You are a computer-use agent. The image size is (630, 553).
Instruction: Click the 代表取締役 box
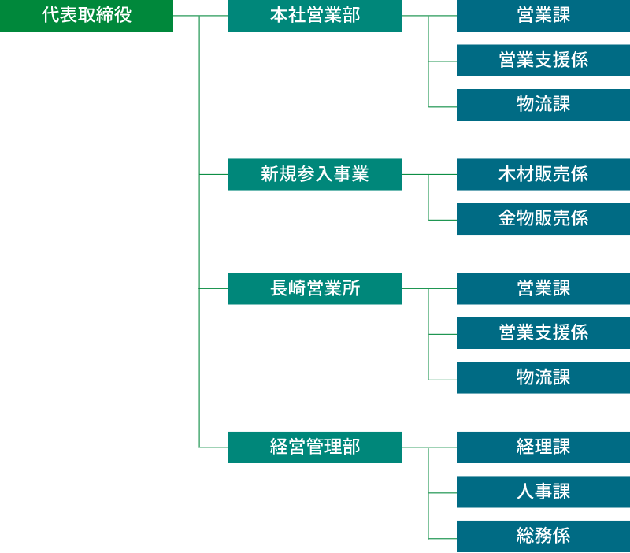87,16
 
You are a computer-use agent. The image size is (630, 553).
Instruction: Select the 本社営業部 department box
315,16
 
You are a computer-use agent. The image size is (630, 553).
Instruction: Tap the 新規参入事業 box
315,174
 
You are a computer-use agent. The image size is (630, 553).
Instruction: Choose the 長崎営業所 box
315,288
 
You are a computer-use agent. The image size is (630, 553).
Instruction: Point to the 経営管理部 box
315,447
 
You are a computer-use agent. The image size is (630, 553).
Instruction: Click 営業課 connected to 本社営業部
543,16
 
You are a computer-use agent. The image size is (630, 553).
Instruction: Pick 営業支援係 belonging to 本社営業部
543,60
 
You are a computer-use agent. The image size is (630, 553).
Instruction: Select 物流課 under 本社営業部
543,105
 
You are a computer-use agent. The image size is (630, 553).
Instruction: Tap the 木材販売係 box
543,174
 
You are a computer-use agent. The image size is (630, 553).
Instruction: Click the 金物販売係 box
543,219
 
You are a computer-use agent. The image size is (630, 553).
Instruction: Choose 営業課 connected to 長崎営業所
543,288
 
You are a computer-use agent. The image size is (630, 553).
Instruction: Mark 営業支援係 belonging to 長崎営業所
543,333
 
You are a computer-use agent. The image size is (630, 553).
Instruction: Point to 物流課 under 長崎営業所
543,377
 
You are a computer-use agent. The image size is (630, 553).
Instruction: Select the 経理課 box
543,447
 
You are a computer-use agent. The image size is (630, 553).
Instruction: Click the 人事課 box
543,492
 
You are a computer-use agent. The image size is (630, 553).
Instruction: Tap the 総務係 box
543,536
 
